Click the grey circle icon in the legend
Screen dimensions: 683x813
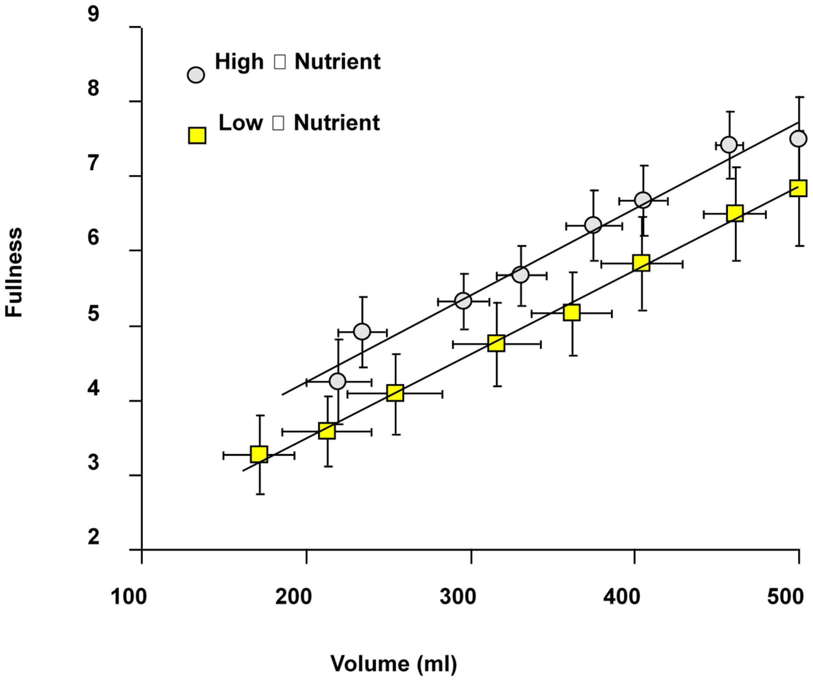pyautogui.click(x=196, y=75)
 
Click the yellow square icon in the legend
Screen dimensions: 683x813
pyautogui.click(x=197, y=135)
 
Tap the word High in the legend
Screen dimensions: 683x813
pyautogui.click(x=239, y=62)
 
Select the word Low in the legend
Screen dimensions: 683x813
pyautogui.click(x=240, y=123)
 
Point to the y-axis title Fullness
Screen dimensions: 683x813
pyautogui.click(x=14, y=272)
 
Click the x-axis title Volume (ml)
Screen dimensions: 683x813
pyautogui.click(x=393, y=663)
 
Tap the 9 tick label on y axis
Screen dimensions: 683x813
pyautogui.click(x=93, y=14)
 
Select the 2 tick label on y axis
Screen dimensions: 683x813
pyautogui.click(x=93, y=537)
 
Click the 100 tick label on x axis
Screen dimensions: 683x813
pyautogui.click(x=128, y=597)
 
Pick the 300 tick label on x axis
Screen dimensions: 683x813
pyautogui.click(x=458, y=597)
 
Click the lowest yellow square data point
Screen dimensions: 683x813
pyautogui.click(x=259, y=454)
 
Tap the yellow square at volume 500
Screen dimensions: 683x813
pyautogui.click(x=798, y=188)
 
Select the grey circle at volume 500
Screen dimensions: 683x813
pyautogui.click(x=798, y=139)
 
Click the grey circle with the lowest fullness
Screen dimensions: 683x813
pyautogui.click(x=338, y=381)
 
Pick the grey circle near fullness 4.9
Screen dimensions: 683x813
pyautogui.click(x=362, y=331)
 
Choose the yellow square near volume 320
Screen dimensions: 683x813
pyautogui.click(x=496, y=343)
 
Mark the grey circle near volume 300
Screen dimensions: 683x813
pyautogui.click(x=463, y=300)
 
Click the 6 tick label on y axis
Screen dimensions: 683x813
pyautogui.click(x=93, y=238)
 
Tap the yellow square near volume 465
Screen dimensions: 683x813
pyautogui.click(x=735, y=213)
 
